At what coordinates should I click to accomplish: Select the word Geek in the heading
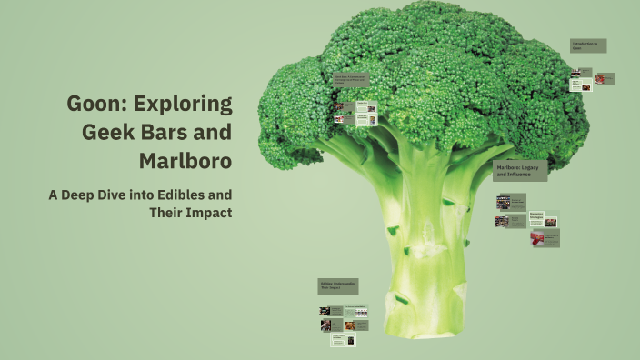click(x=107, y=132)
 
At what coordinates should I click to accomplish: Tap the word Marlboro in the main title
click(x=185, y=162)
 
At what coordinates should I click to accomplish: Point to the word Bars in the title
click(x=165, y=132)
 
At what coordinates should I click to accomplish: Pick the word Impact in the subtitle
click(x=211, y=213)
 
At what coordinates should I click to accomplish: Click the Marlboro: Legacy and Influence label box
click(x=520, y=171)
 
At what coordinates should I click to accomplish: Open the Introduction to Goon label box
click(x=587, y=45)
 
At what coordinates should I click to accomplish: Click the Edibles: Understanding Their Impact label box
click(x=337, y=286)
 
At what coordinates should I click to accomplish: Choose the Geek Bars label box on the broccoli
click(x=351, y=83)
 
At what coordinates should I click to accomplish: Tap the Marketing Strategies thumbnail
click(x=544, y=219)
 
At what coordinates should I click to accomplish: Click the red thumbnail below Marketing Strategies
click(x=545, y=238)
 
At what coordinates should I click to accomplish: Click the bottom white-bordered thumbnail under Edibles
click(x=343, y=341)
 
